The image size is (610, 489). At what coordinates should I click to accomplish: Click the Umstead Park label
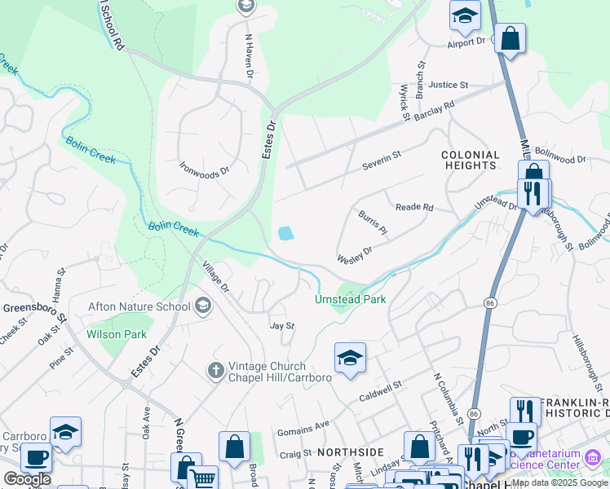(x=351, y=299)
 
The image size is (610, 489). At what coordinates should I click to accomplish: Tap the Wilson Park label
(x=117, y=334)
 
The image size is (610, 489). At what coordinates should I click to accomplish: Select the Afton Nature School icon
(x=203, y=306)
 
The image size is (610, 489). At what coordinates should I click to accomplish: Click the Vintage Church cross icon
(x=215, y=371)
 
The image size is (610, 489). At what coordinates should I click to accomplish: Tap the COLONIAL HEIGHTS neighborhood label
(x=470, y=160)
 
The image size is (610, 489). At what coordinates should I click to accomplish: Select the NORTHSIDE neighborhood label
(x=350, y=452)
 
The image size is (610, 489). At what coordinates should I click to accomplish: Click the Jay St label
(x=281, y=326)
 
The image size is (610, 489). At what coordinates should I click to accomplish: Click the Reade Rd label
(x=414, y=207)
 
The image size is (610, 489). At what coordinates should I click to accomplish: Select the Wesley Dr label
(x=355, y=255)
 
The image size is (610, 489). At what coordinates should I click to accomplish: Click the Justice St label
(x=449, y=84)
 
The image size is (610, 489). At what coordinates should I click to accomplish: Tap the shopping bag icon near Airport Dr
(x=510, y=38)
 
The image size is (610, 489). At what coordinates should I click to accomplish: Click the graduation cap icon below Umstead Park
(x=350, y=358)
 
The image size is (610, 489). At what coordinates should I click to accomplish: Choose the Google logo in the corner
(x=27, y=479)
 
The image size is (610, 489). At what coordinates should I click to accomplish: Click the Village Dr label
(x=216, y=277)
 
